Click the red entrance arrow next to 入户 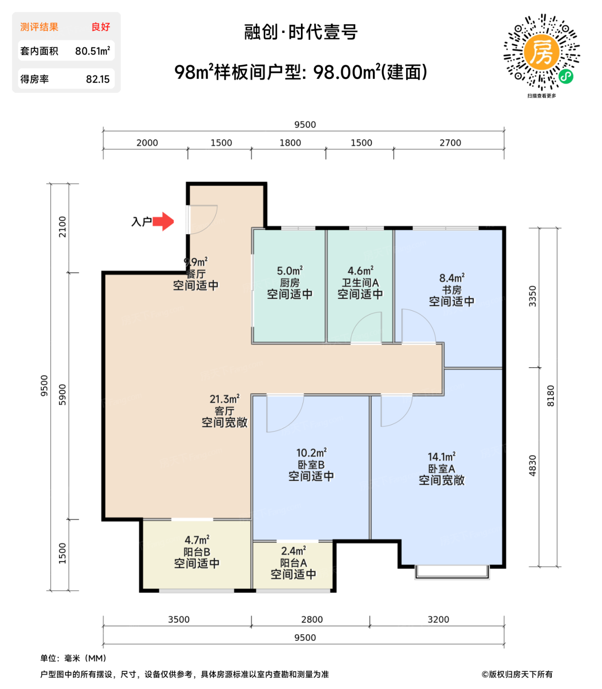[164, 221]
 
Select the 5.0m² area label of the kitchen [290, 271]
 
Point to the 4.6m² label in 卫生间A [361, 271]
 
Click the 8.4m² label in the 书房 [451, 278]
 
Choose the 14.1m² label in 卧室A [441, 457]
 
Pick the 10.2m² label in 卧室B [311, 453]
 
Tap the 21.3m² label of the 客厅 [224, 399]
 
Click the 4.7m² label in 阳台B [197, 540]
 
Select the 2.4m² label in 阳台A [293, 551]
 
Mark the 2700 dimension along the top [450, 143]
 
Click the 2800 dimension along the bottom [312, 620]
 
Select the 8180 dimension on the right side [550, 396]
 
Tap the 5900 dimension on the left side [62, 395]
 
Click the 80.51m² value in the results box [92, 51]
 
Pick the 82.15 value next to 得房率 [97, 79]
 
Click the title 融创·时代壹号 [301, 32]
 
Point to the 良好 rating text [101, 27]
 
